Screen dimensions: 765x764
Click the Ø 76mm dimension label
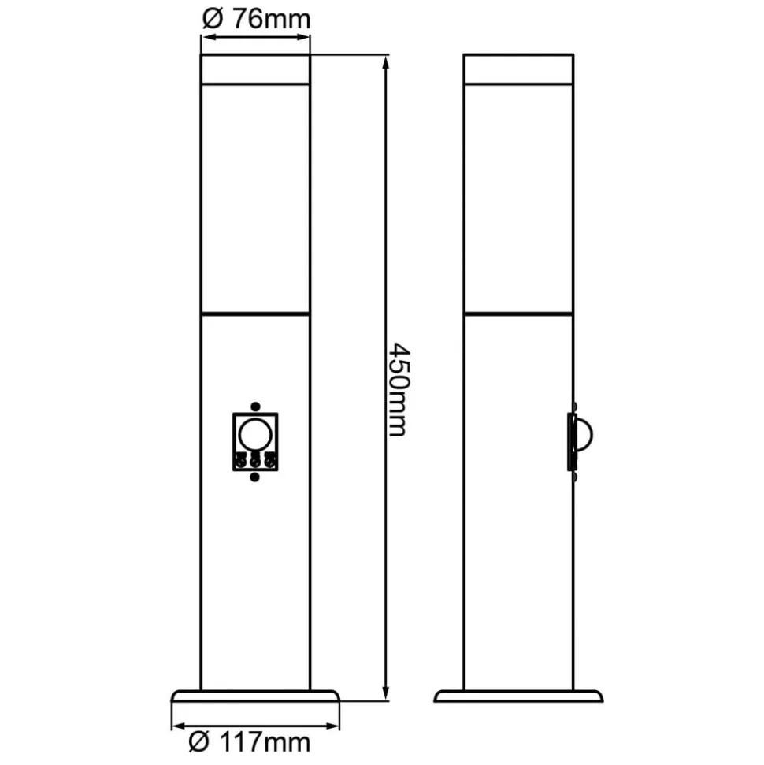click(x=256, y=19)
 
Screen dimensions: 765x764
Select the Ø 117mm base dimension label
click(x=250, y=741)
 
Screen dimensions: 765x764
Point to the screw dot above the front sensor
click(x=254, y=406)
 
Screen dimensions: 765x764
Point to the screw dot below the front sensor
click(x=254, y=476)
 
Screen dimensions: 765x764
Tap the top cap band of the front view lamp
click(x=255, y=69)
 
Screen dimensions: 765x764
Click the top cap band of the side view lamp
click(x=518, y=69)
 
